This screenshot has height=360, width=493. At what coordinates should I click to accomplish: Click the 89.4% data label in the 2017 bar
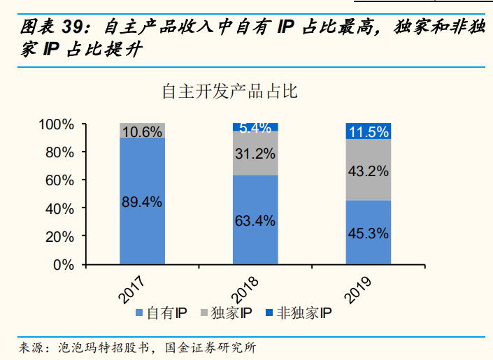tap(142, 202)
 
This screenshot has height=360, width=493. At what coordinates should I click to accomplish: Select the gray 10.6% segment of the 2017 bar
tap(142, 131)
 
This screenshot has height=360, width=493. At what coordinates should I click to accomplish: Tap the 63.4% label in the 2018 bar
tap(255, 221)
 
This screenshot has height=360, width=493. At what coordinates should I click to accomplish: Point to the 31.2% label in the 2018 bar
tap(255, 154)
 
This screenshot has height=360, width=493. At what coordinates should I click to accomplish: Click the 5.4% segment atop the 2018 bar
tap(255, 127)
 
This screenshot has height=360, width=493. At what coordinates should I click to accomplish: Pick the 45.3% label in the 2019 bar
tap(368, 233)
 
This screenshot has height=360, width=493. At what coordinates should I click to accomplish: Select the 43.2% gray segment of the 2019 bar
tap(368, 170)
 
